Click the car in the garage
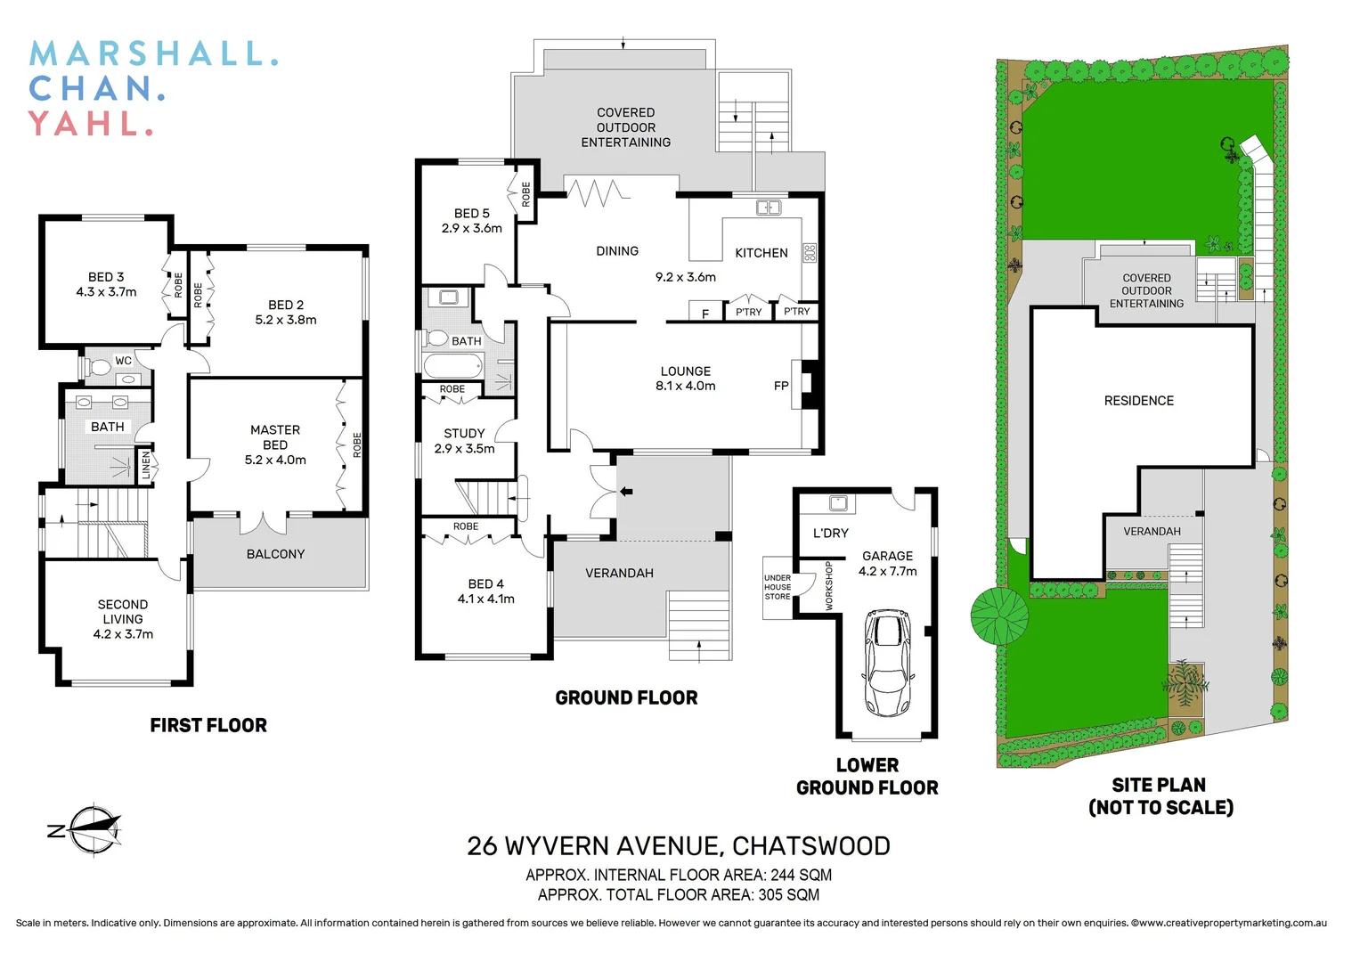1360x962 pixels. pyautogui.click(x=887, y=663)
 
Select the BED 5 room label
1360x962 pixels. pyautogui.click(x=472, y=214)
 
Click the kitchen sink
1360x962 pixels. pyautogui.click(x=768, y=208)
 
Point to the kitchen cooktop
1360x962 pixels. pyautogui.click(x=810, y=252)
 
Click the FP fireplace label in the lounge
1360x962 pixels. pyautogui.click(x=781, y=386)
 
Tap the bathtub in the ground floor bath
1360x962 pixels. pyautogui.click(x=453, y=365)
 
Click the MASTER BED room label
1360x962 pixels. pyautogui.click(x=275, y=437)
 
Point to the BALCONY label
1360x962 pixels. pyautogui.click(x=275, y=554)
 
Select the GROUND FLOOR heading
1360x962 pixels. pyautogui.click(x=626, y=698)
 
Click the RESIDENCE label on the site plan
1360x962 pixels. pyautogui.click(x=1138, y=401)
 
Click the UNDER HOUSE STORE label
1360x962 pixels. pyautogui.click(x=778, y=587)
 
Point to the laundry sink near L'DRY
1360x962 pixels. pyautogui.click(x=838, y=503)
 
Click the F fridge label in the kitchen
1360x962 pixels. pyautogui.click(x=705, y=314)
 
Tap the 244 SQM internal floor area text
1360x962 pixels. pyautogui.click(x=801, y=875)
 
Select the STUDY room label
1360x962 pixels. pyautogui.click(x=464, y=434)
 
